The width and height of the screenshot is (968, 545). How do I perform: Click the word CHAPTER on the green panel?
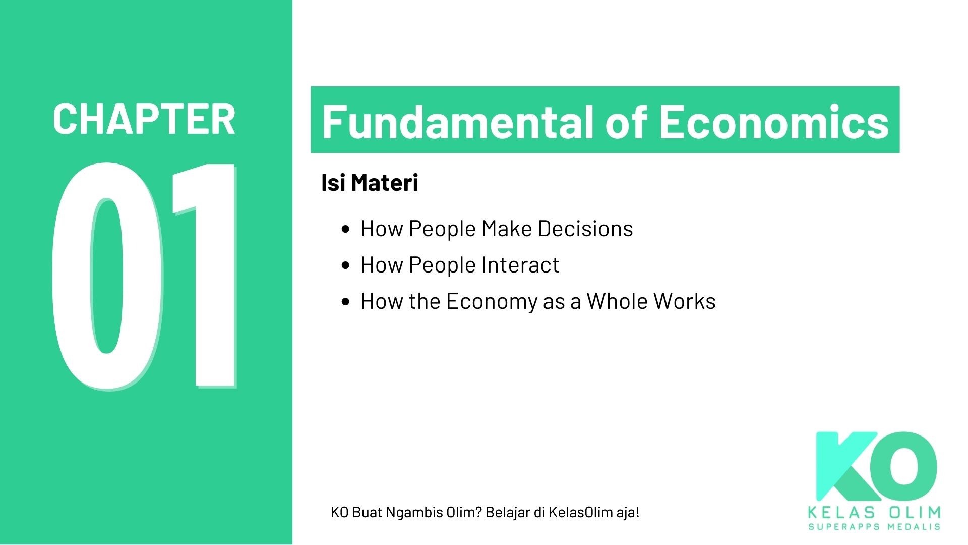pyautogui.click(x=144, y=119)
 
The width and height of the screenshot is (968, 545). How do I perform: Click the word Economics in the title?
pyautogui.click(x=774, y=122)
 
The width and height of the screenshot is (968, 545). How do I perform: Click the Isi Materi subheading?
pyautogui.click(x=370, y=182)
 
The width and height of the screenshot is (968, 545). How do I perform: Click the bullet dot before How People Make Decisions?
pyautogui.click(x=345, y=229)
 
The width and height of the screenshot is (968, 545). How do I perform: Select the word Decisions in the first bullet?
pyautogui.click(x=585, y=229)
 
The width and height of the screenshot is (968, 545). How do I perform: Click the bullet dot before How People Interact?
pyautogui.click(x=345, y=265)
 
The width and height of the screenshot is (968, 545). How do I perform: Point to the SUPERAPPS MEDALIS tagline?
pyautogui.click(x=874, y=527)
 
